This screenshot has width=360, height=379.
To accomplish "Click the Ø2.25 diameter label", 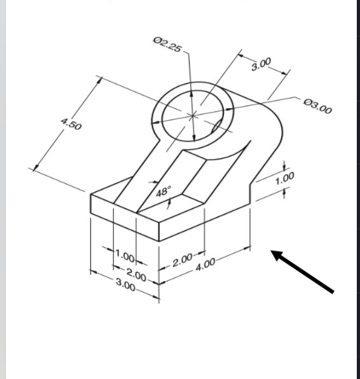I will tap(167, 45).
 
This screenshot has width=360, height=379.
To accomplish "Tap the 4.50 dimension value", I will tap(71, 125).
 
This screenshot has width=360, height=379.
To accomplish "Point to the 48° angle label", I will tap(164, 191).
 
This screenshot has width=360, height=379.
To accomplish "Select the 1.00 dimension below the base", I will tap(125, 258).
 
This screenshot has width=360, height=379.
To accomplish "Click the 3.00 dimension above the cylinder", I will tap(261, 64).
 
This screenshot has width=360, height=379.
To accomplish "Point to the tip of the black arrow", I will tap(273, 252).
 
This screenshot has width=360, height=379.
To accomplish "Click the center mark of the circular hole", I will tap(193, 115).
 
